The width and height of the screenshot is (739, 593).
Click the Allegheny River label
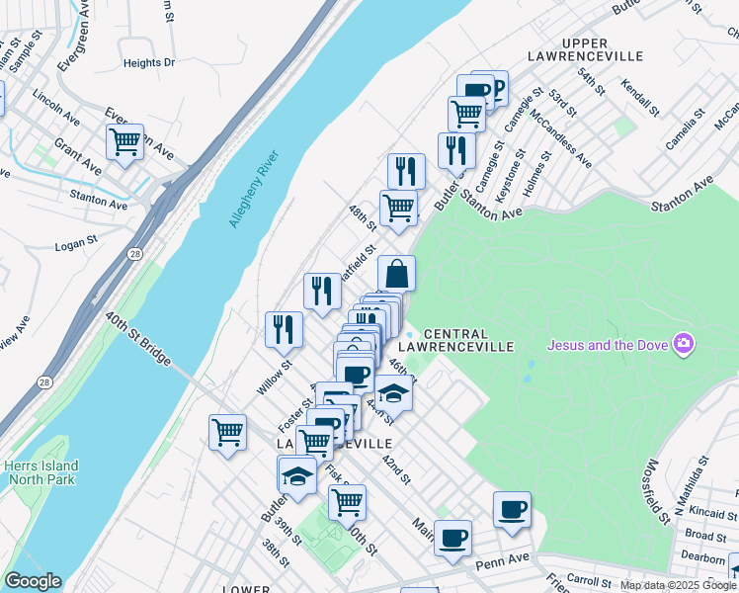[255, 189]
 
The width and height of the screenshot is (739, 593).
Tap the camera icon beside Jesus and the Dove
[682, 345]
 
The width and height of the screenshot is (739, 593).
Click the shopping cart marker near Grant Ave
[124, 141]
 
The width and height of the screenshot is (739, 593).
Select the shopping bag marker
[396, 273]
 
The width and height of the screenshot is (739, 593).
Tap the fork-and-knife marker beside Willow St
[284, 329]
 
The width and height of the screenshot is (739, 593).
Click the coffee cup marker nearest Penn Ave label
[452, 538]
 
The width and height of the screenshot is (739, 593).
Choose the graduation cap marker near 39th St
[297, 475]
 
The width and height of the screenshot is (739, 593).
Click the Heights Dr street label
[148, 62]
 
